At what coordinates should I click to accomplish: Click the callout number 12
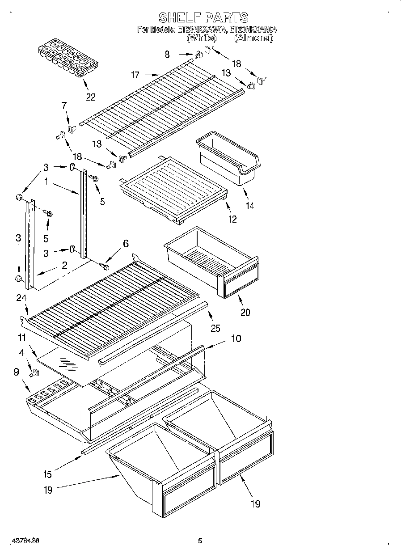coord(232,219)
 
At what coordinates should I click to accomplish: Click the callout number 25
coord(215,328)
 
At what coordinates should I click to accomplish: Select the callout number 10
coord(236,338)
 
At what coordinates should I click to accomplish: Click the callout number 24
coord(22,298)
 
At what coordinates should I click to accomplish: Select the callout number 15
coord(47,474)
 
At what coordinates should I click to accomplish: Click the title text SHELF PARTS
coord(203,17)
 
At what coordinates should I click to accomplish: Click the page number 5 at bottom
coord(200,540)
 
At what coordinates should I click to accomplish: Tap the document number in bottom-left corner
coord(26,540)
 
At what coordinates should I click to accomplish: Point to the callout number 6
coord(126,243)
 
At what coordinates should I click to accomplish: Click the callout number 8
coord(167,55)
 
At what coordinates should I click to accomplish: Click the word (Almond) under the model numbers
coord(253,38)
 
